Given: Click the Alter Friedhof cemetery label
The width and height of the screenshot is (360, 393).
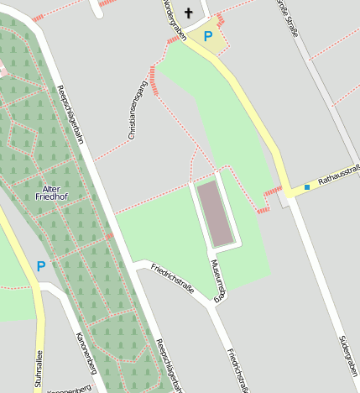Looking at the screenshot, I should pyautogui.click(x=52, y=192).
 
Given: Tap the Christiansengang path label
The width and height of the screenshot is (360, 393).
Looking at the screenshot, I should pyautogui.click(x=137, y=109).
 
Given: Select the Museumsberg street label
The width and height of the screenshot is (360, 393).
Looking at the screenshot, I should pyautogui.click(x=218, y=280).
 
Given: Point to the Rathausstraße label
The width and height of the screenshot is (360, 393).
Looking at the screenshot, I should pyautogui.click(x=338, y=175).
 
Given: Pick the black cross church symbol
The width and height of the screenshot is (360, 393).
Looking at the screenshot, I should pyautogui.click(x=188, y=13).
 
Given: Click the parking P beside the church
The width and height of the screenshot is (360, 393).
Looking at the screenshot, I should pyautogui.click(x=208, y=36).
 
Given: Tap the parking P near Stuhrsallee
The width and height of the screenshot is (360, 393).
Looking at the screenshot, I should pyautogui.click(x=40, y=266).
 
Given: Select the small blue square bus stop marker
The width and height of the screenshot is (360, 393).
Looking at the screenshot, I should pyautogui.click(x=307, y=186).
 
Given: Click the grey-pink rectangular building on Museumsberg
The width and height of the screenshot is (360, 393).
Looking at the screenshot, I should pyautogui.click(x=217, y=213).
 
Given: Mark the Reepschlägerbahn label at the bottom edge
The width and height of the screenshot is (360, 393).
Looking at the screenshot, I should pyautogui.click(x=169, y=366).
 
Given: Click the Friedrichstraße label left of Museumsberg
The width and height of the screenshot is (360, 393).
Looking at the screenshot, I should pyautogui.click(x=172, y=278).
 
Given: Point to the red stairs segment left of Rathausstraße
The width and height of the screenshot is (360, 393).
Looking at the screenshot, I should pyautogui.click(x=272, y=192).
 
